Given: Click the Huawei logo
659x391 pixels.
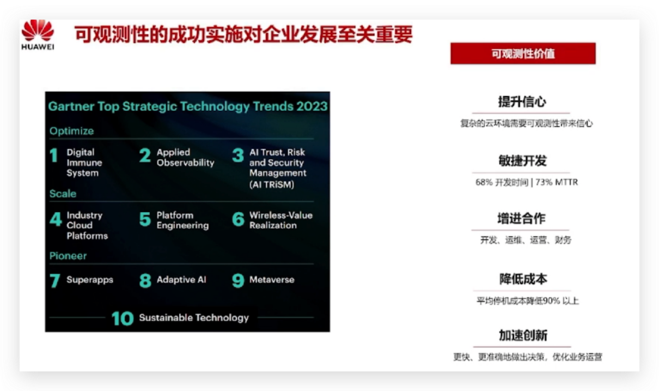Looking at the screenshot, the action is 38,34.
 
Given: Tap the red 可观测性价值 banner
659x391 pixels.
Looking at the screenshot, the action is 523,53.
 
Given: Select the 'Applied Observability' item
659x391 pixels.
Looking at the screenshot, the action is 185,158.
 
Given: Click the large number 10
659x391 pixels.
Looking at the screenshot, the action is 123,318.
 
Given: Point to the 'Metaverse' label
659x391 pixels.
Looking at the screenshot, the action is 272,279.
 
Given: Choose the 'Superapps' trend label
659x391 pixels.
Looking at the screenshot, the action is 90,280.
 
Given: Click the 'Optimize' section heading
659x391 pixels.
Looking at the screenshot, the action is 71,131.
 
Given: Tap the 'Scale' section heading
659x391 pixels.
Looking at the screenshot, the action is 63,194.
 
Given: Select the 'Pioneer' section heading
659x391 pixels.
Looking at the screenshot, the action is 68,256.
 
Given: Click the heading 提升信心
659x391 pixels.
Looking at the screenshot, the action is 522,102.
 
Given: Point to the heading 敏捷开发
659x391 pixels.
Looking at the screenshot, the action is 522,161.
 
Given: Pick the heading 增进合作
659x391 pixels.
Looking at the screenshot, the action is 521,219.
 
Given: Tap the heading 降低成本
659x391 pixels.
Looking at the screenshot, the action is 523,279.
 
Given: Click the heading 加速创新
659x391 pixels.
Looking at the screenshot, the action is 523,335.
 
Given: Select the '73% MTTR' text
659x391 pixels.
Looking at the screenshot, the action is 557,182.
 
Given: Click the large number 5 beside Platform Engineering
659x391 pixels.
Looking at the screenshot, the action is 145,220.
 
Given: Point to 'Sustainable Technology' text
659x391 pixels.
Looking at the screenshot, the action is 194,317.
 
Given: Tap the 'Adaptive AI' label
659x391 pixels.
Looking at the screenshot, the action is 181,279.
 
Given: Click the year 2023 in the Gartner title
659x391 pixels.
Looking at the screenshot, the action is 312,106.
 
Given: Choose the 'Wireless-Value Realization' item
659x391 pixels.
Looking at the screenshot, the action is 280,220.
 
